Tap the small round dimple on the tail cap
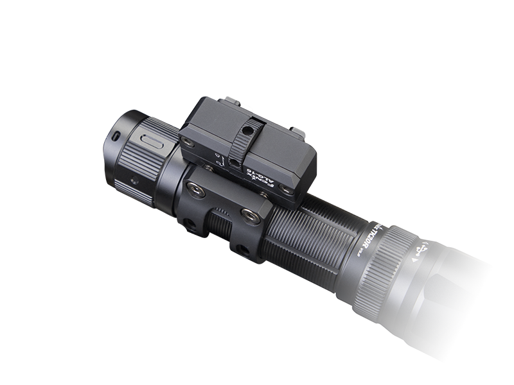pos(134,182)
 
